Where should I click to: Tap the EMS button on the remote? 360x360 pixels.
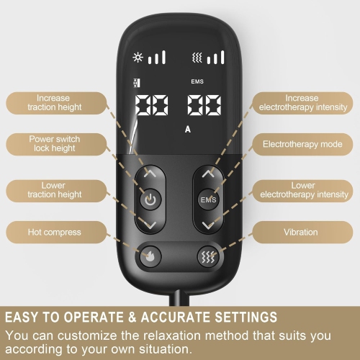tap(208, 199)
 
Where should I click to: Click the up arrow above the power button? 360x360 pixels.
tap(148, 174)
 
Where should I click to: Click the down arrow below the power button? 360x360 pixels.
tap(148, 226)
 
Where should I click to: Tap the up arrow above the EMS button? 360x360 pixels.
tap(208, 174)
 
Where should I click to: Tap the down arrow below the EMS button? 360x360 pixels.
tap(208, 226)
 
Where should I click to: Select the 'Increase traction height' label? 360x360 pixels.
tap(54, 102)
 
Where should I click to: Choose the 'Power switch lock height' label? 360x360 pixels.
tap(54, 143)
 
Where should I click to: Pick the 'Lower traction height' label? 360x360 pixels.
tap(53, 190)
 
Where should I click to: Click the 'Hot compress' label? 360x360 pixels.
tap(54, 233)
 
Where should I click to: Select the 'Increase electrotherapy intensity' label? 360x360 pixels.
tap(302, 102)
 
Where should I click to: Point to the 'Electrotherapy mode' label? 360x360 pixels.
tap(302, 143)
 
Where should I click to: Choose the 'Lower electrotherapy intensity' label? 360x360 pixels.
tap(302, 190)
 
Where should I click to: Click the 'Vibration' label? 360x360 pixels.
tap(302, 233)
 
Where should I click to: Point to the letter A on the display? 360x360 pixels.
tap(187, 130)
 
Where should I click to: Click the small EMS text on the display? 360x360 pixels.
tap(197, 82)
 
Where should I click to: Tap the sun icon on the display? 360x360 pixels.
tap(138, 57)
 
